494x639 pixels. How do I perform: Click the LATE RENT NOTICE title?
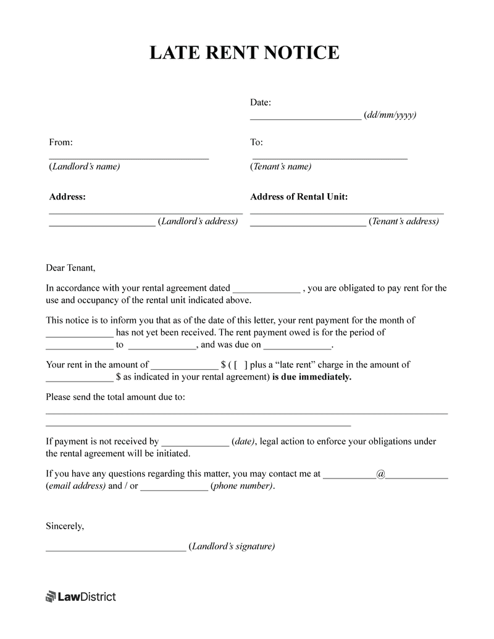[245, 52]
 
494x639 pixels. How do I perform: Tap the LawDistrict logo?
[81, 596]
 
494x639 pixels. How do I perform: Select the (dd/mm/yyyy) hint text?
[390, 115]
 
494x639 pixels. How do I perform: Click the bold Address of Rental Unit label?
[299, 197]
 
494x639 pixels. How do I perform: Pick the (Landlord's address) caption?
[198, 222]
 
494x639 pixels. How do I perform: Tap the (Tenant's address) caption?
[404, 222]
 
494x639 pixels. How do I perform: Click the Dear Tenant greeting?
[71, 268]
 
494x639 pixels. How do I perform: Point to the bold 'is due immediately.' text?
[312, 377]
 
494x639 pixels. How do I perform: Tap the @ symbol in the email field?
[380, 474]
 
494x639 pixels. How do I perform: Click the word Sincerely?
[65, 526]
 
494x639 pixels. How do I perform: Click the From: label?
[61, 143]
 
